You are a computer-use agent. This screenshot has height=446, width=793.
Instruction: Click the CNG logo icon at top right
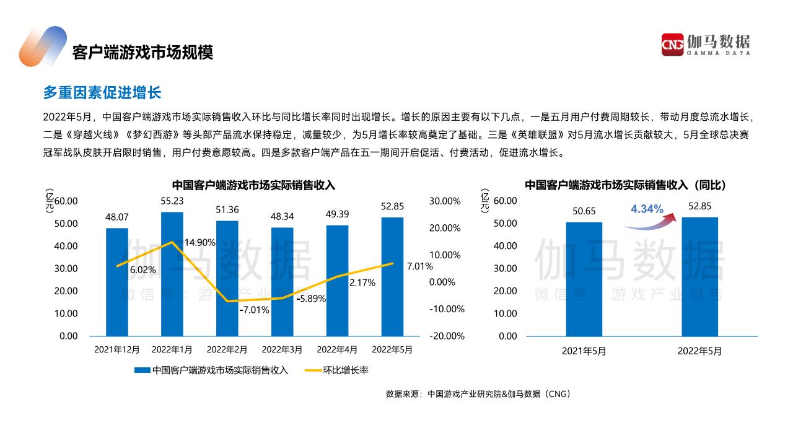click(672, 45)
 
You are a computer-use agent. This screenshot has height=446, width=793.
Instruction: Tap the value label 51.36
click(227, 209)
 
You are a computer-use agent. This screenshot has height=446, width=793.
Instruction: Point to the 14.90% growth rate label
click(199, 242)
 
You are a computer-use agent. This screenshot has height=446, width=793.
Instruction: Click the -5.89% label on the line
click(311, 299)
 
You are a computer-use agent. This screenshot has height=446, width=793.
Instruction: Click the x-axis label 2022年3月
click(282, 350)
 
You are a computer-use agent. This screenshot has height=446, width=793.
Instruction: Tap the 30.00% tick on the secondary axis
click(445, 201)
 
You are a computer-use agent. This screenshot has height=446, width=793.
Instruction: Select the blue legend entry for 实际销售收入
click(211, 370)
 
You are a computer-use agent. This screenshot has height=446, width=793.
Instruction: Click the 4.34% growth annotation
click(647, 209)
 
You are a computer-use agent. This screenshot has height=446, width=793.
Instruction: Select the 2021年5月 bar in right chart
click(584, 279)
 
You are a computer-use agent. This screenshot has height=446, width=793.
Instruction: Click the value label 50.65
click(584, 211)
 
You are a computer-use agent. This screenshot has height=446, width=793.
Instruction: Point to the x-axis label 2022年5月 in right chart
click(699, 351)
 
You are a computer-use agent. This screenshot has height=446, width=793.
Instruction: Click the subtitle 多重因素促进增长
click(102, 93)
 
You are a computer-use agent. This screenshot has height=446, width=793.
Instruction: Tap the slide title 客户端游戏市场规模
click(142, 52)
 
